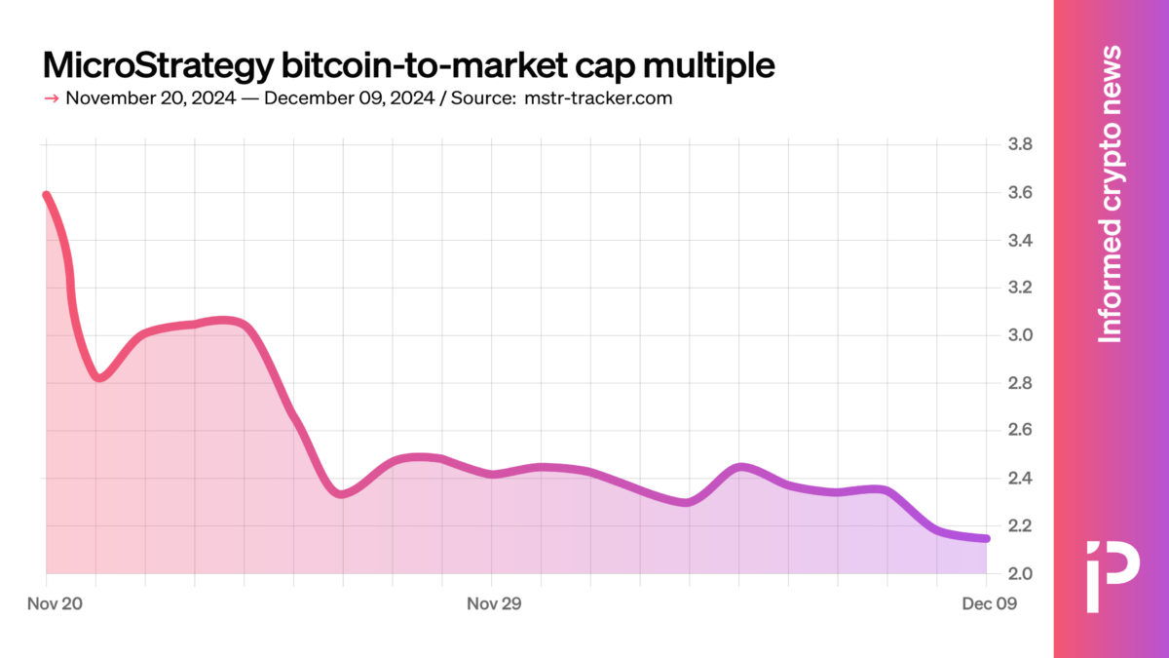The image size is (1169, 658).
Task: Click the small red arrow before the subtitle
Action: point(52,98)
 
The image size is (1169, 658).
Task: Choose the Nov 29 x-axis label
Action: point(494,604)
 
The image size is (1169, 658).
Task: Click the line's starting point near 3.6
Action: point(47,195)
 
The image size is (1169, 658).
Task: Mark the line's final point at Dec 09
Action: point(986,538)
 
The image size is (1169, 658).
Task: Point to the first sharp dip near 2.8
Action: point(99,377)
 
